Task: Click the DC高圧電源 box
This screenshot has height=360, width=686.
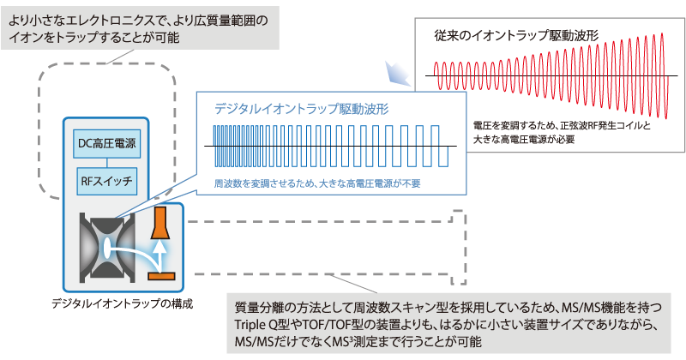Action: click(x=106, y=143)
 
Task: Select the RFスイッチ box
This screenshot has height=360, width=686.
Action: click(x=106, y=181)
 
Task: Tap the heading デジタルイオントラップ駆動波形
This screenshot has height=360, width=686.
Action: click(x=302, y=109)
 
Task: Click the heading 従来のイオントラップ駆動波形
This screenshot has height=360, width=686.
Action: click(x=516, y=36)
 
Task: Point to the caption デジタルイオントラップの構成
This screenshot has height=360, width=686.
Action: click(x=122, y=303)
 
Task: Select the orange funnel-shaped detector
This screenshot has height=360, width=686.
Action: click(x=160, y=223)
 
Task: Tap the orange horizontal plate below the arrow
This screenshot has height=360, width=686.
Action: click(x=161, y=276)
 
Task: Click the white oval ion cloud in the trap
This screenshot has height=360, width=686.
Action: click(x=106, y=248)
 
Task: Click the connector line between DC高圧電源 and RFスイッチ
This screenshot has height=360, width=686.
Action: click(x=106, y=163)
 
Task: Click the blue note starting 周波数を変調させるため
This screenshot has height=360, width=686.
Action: click(x=317, y=183)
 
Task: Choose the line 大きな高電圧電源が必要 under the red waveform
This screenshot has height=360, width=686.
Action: click(x=524, y=140)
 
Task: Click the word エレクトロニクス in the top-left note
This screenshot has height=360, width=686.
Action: click(x=105, y=21)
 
